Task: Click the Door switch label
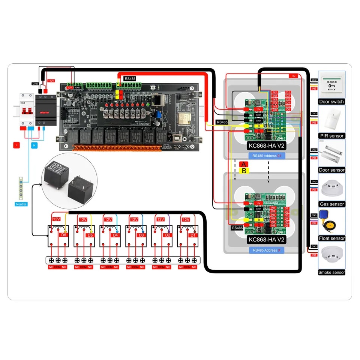point(331,102)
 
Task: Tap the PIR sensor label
point(331,136)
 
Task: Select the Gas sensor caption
point(331,204)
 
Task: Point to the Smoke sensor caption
point(331,273)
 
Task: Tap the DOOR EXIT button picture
point(331,85)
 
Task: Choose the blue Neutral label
point(21,204)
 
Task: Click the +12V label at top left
point(50,81)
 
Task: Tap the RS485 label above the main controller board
point(130,79)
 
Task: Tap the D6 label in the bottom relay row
point(63,235)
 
